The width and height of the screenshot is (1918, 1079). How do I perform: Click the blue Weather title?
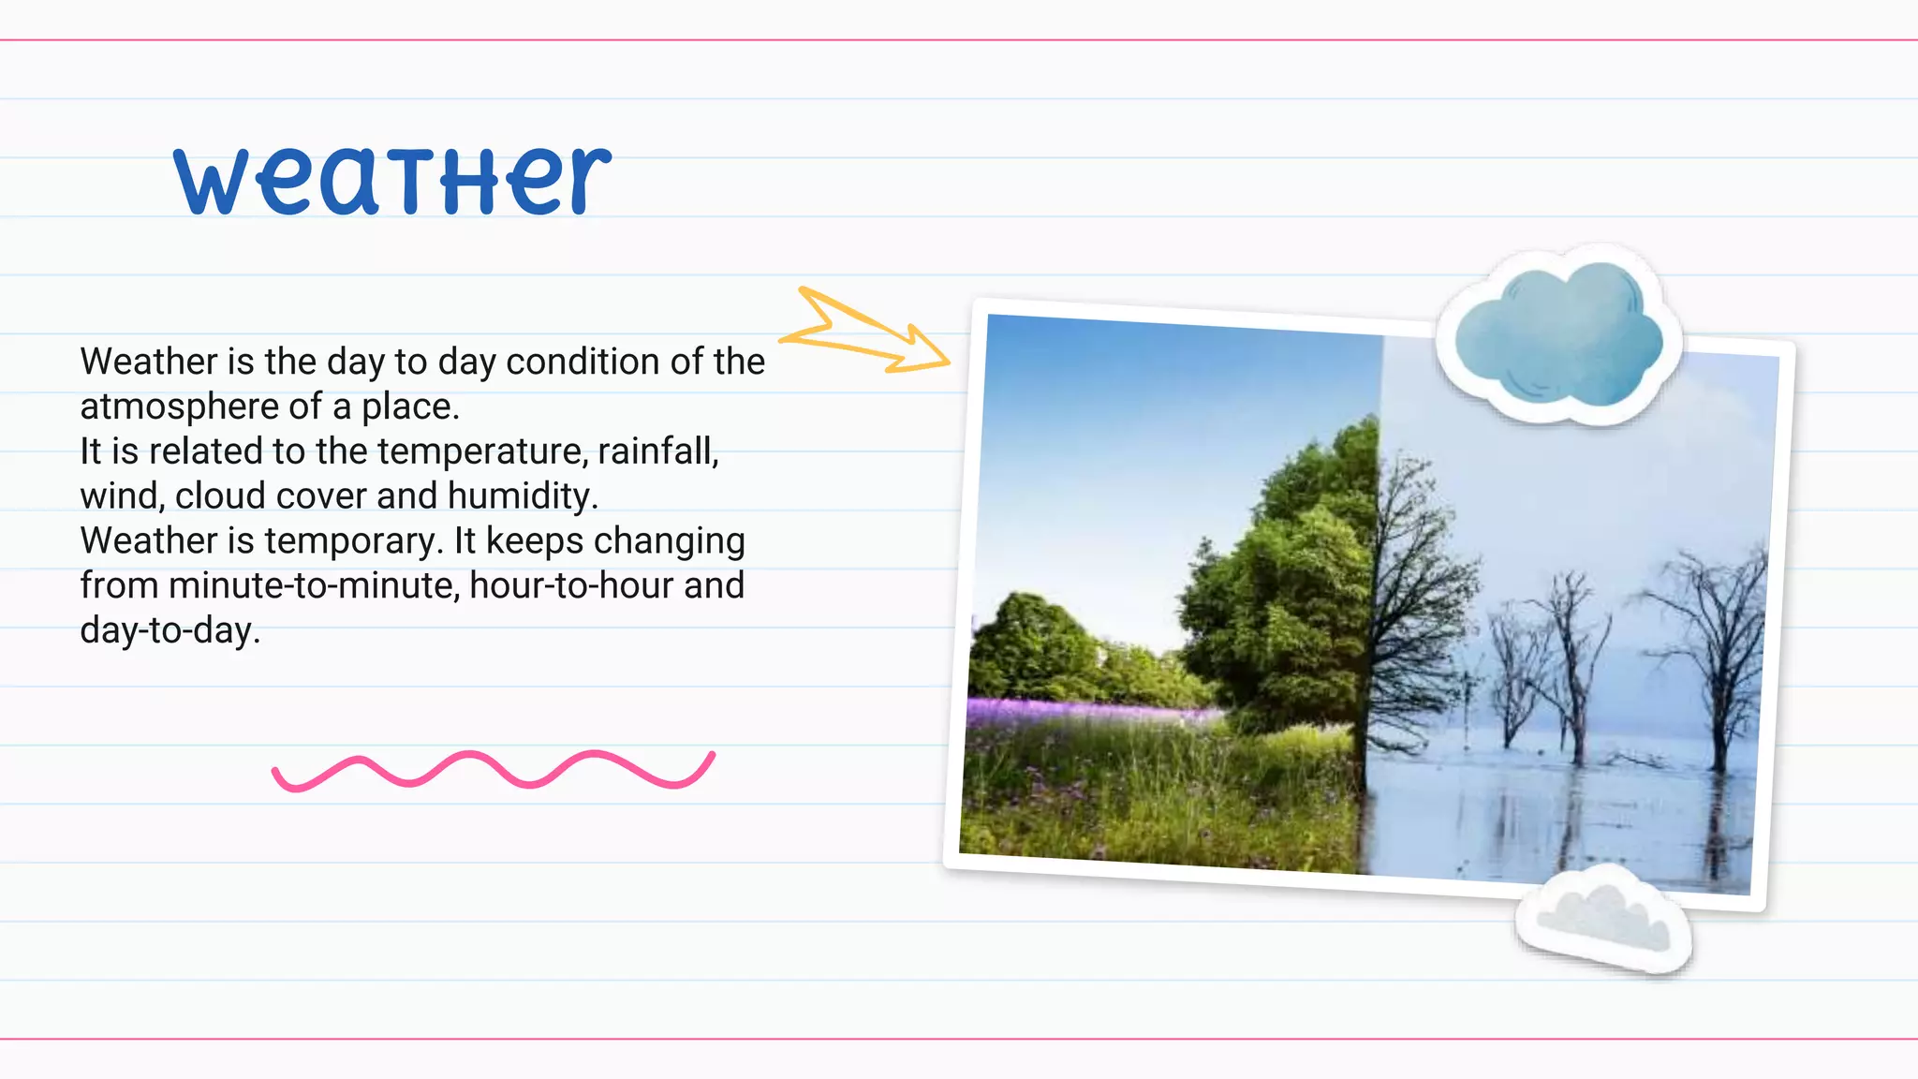(393, 180)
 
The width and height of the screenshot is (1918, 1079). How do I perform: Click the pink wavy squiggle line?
(493, 770)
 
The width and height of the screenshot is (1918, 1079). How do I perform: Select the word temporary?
(353, 541)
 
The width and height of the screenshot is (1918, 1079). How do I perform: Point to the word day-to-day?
(169, 631)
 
